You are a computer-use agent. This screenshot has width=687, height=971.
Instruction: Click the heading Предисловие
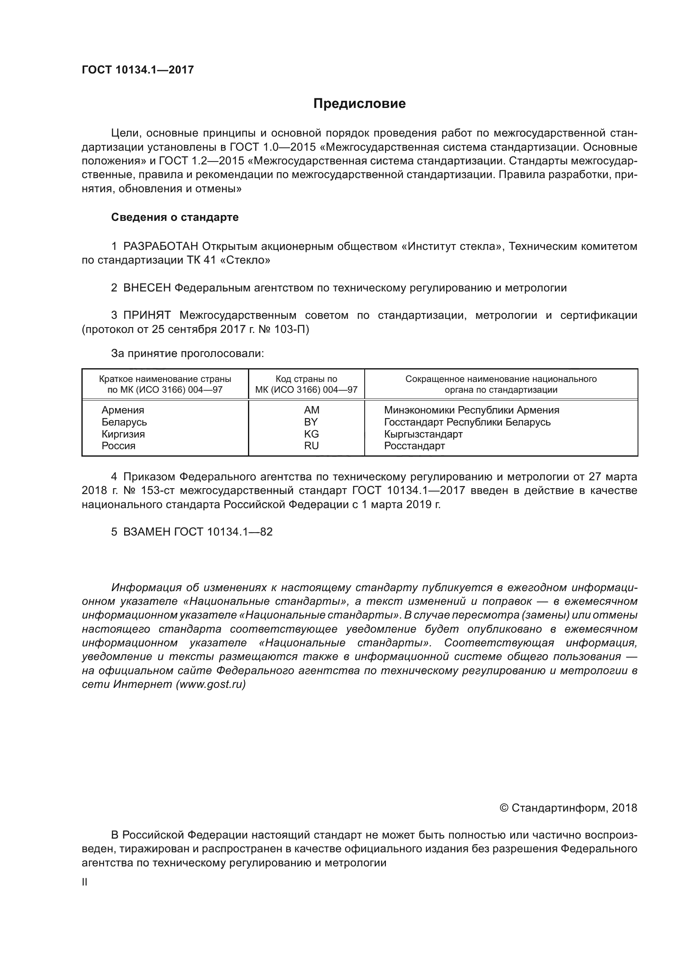(359, 104)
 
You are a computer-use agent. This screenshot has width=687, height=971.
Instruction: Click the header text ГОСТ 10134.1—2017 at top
(137, 70)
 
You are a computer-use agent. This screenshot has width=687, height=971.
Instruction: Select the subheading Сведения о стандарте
(175, 218)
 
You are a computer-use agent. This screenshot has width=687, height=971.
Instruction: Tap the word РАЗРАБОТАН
(161, 246)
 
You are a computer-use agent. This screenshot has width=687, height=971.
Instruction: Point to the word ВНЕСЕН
(147, 288)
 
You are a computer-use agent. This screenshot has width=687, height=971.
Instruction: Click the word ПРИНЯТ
(147, 315)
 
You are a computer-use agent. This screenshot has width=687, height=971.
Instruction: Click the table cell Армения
(123, 410)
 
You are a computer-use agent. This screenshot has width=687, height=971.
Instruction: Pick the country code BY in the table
(311, 422)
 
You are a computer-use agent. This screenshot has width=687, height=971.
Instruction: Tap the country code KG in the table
(312, 434)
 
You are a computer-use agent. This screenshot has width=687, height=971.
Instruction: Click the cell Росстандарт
(414, 446)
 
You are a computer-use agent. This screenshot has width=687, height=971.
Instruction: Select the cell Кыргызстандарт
(423, 434)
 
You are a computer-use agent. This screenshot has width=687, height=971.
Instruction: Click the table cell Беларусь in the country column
(124, 422)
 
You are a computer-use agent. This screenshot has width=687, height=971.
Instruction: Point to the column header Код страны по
(306, 379)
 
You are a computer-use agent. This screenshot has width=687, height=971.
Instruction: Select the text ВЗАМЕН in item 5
(147, 532)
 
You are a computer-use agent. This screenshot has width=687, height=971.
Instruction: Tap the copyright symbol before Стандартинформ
(503, 808)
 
